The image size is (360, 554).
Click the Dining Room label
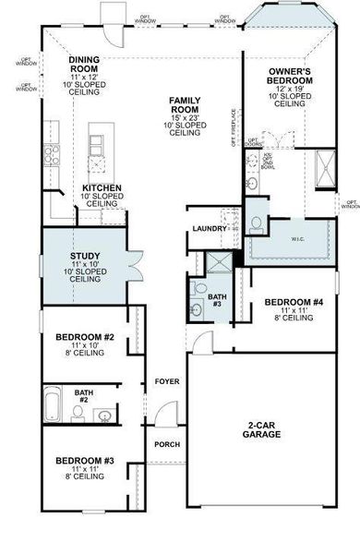[90, 65]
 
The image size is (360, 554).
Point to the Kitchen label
[102, 187]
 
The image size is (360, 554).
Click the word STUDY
[86, 257]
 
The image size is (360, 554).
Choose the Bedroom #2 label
[84, 337]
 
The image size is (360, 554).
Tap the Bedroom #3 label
[84, 460]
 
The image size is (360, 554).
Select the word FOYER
[166, 380]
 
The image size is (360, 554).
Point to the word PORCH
[166, 444]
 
